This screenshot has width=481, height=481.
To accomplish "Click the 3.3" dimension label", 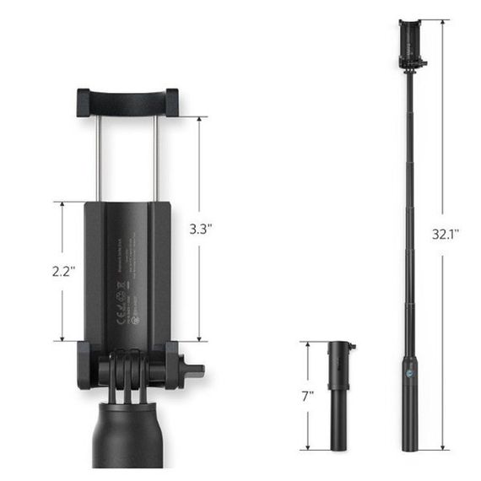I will (200, 228).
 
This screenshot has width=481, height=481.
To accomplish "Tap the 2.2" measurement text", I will (63, 272).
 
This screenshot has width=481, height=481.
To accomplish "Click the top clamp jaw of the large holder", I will (127, 101).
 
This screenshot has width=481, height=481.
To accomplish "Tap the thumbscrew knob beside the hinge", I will (192, 370).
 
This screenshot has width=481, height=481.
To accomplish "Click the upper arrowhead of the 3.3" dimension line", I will (200, 119).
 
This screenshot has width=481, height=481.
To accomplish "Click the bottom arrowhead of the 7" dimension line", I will (310, 446).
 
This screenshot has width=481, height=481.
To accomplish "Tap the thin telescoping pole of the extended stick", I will (411, 211).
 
